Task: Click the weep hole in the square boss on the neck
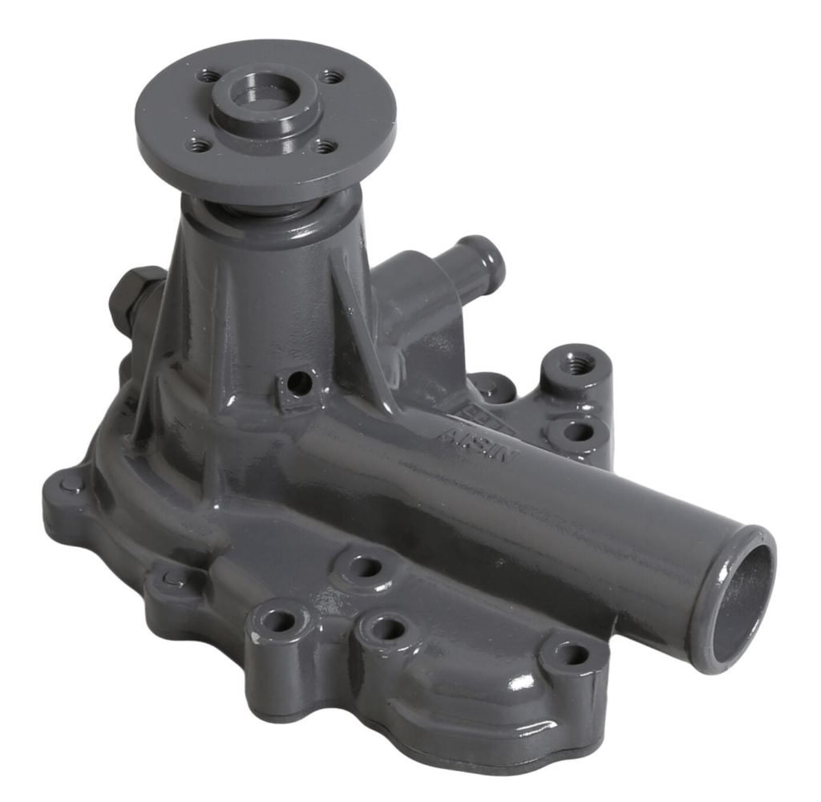coord(299,383)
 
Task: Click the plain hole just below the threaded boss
coord(577,431)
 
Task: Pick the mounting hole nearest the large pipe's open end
coord(572,654)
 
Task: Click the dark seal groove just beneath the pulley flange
coord(265,210)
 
